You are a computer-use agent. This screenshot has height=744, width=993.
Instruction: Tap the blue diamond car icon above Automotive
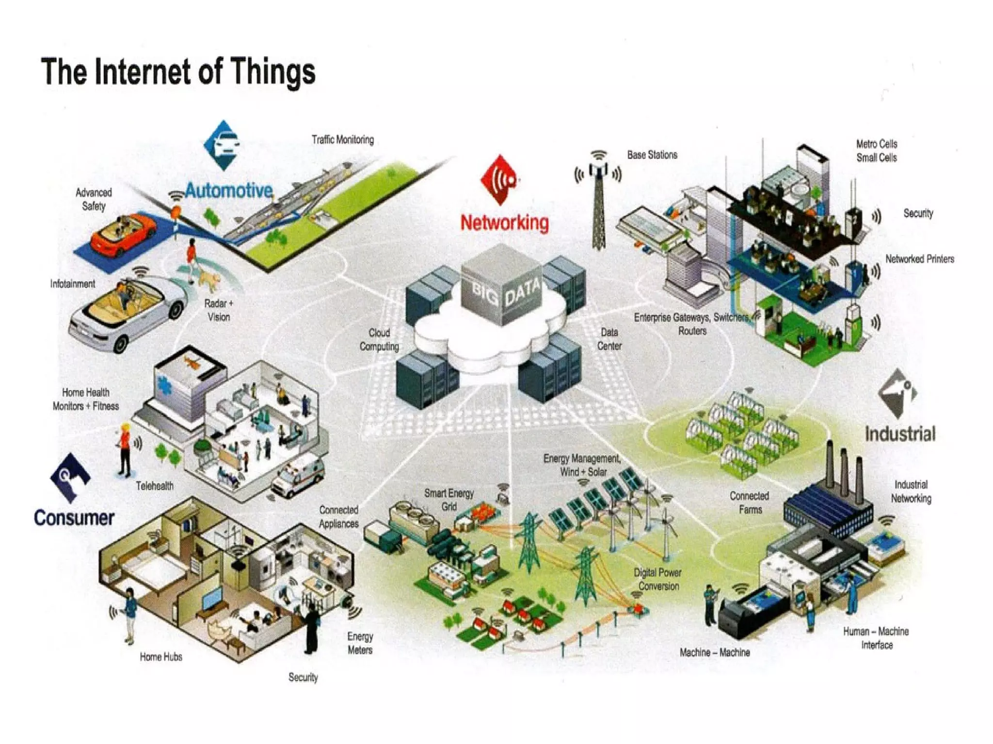[223, 145]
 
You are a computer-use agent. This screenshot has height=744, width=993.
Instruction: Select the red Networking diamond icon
[500, 179]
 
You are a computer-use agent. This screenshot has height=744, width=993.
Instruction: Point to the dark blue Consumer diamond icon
[70, 477]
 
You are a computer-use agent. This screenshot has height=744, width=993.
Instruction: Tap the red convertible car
[124, 236]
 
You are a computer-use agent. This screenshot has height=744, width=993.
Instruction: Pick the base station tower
[599, 204]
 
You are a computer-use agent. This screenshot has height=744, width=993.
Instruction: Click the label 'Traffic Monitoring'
[343, 140]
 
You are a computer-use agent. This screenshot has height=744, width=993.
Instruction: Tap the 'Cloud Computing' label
[379, 339]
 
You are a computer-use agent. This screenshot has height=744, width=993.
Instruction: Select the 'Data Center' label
[609, 339]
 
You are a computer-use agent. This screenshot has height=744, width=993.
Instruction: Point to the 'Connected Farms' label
[750, 503]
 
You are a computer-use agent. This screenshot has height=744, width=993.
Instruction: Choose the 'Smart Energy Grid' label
[449, 500]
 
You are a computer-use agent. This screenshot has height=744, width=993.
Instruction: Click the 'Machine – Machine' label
[715, 652]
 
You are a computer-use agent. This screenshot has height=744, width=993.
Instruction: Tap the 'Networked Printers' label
[920, 259]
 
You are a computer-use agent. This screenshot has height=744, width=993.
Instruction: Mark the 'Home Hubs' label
[161, 657]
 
